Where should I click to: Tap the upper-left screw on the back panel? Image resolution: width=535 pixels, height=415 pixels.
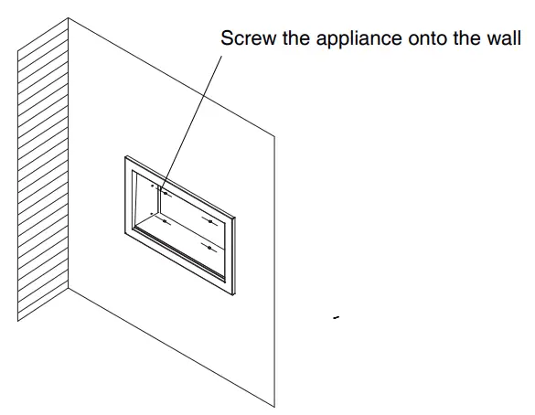160,192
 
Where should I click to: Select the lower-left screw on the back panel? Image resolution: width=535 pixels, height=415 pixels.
163,220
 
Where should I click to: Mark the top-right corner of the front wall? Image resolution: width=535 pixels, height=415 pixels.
275,133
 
